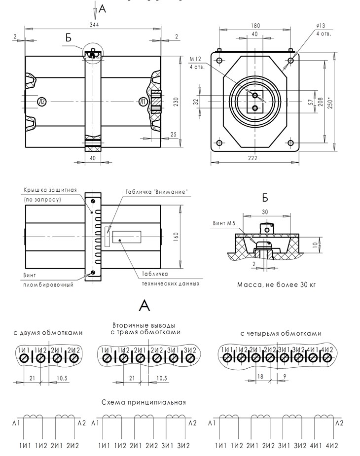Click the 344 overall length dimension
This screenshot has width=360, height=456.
tap(94, 25)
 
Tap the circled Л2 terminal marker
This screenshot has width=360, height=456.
tap(42, 102)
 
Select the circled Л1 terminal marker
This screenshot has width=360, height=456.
tap(143, 102)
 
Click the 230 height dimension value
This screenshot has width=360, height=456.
tap(176, 102)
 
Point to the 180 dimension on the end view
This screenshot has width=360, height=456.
tap(255, 26)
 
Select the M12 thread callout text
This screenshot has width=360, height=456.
tap(195, 59)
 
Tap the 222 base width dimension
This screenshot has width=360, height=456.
tap(252, 158)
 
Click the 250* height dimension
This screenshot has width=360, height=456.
tap(330, 102)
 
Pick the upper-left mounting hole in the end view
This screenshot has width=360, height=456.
tap(219, 61)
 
